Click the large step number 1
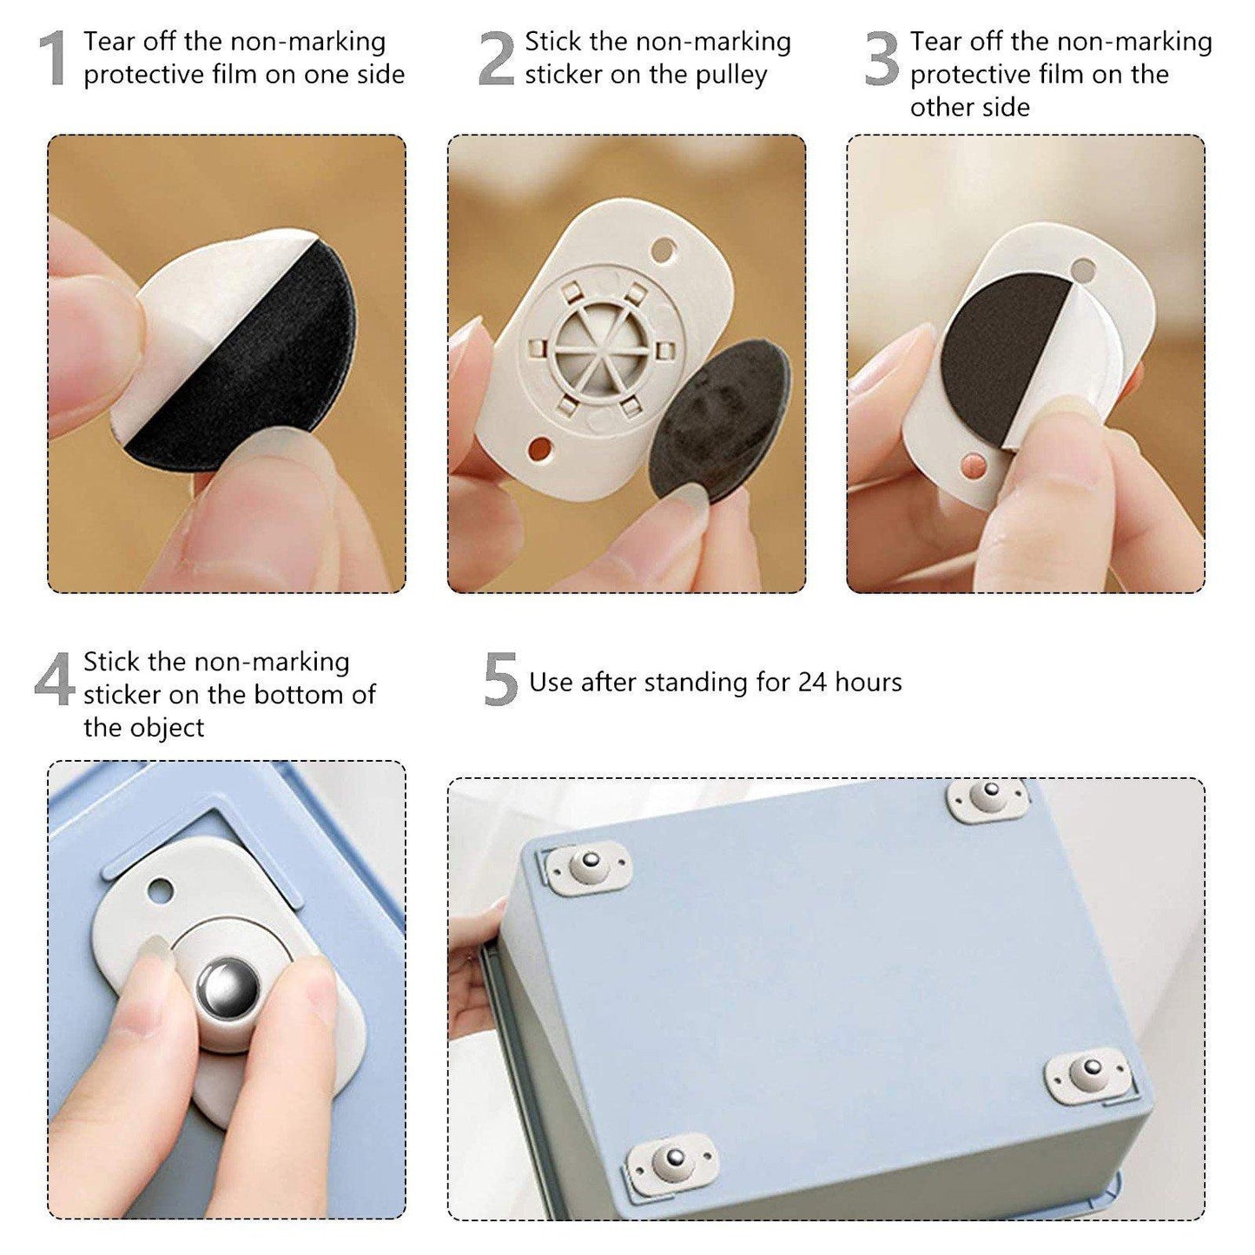[x=54, y=59]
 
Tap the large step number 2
[x=497, y=59]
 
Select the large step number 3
[x=882, y=59]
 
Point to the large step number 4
[x=55, y=680]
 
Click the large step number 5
[x=500, y=680]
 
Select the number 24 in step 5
[x=812, y=683]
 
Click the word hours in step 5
[x=868, y=683]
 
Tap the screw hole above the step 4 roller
[x=161, y=888]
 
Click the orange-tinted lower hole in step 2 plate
[x=538, y=449]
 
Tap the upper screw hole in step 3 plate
[x=1082, y=269]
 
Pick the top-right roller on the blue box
[x=988, y=796]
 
